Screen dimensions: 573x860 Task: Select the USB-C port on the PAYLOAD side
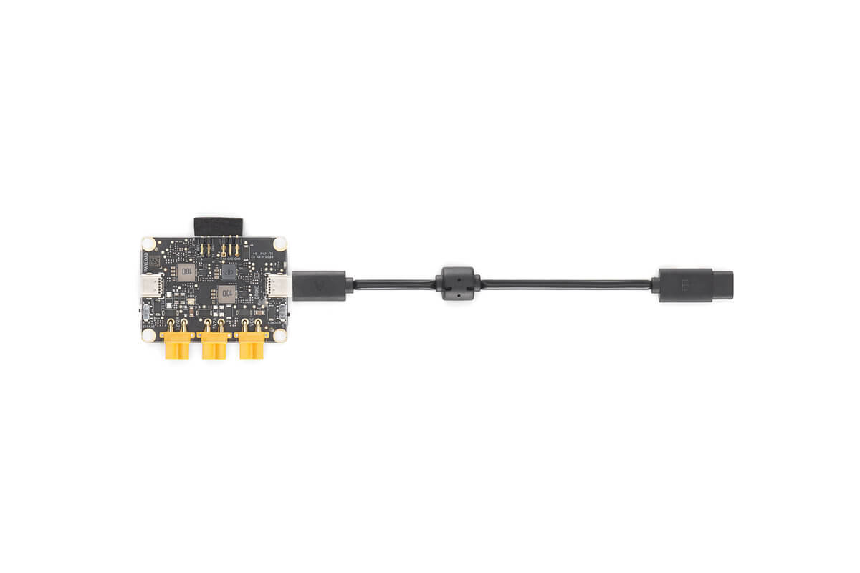coord(151,286)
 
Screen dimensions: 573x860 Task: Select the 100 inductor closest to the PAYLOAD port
coord(186,271)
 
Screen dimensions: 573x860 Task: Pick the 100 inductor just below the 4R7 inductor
coord(226,294)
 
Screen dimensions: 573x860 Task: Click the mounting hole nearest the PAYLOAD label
coord(148,244)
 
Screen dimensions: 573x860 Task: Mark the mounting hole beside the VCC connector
coord(279,334)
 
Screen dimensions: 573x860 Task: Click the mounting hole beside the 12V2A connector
coord(148,334)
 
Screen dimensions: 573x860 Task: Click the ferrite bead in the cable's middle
coord(458,284)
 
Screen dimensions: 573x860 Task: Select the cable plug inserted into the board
coord(320,285)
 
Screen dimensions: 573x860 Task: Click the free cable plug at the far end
coord(692,285)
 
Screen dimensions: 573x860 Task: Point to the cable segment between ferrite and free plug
coord(566,284)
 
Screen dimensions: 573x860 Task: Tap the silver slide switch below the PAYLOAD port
coord(146,314)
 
